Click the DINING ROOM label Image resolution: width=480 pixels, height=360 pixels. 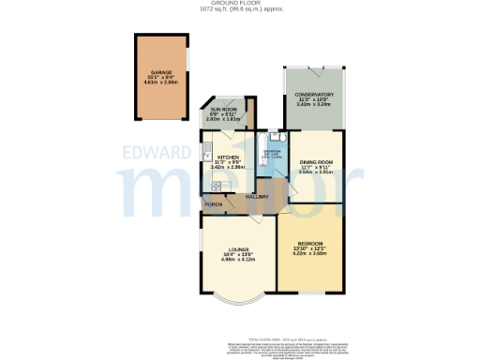coord(316,161)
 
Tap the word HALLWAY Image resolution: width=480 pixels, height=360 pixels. coord(257,196)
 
